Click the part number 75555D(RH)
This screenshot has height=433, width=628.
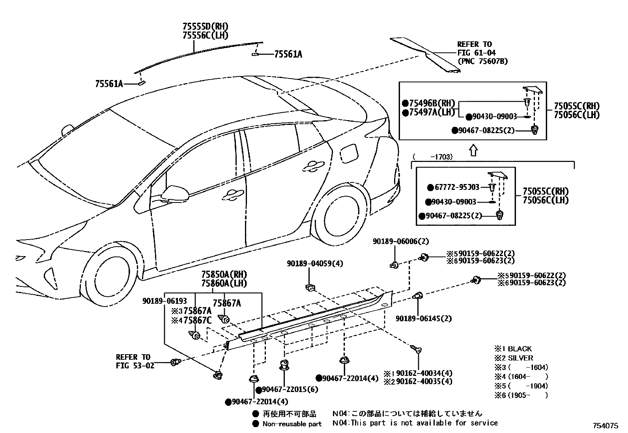206,27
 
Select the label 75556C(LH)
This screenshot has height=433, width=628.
206,35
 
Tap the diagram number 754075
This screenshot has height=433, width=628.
605,426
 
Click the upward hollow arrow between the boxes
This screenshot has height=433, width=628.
473,151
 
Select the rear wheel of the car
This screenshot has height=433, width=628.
340,215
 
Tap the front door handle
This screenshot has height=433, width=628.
233,195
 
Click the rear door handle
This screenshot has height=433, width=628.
314,166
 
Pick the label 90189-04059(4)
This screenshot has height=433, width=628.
315,264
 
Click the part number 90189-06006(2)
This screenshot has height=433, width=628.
401,241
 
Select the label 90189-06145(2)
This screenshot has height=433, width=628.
424,318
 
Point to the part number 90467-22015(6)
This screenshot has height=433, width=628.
287,390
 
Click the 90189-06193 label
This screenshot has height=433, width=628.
164,301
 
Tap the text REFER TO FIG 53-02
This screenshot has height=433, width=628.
135,361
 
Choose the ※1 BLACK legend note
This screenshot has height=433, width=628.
513,349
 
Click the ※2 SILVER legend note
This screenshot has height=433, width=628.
514,358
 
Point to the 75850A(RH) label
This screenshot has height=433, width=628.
224,275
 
